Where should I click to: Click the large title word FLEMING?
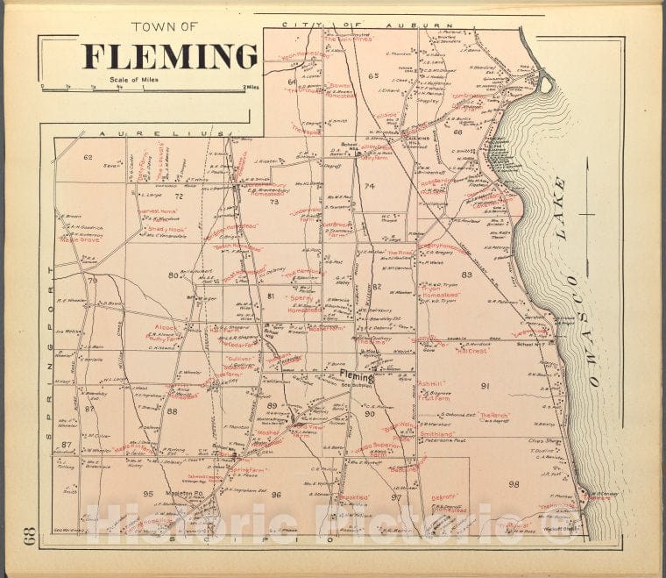pyautogui.click(x=170, y=57)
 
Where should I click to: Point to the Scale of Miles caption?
pyautogui.click(x=137, y=80)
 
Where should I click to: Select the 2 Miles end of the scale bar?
pyautogui.click(x=252, y=88)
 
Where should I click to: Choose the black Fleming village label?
pyautogui.click(x=357, y=379)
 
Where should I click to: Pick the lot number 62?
pyautogui.click(x=88, y=158)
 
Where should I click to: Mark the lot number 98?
pyautogui.click(x=514, y=484)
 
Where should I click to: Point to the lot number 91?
pyautogui.click(x=485, y=385)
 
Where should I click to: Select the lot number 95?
pyautogui.click(x=148, y=494)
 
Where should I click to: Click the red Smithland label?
pyautogui.click(x=436, y=433)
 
